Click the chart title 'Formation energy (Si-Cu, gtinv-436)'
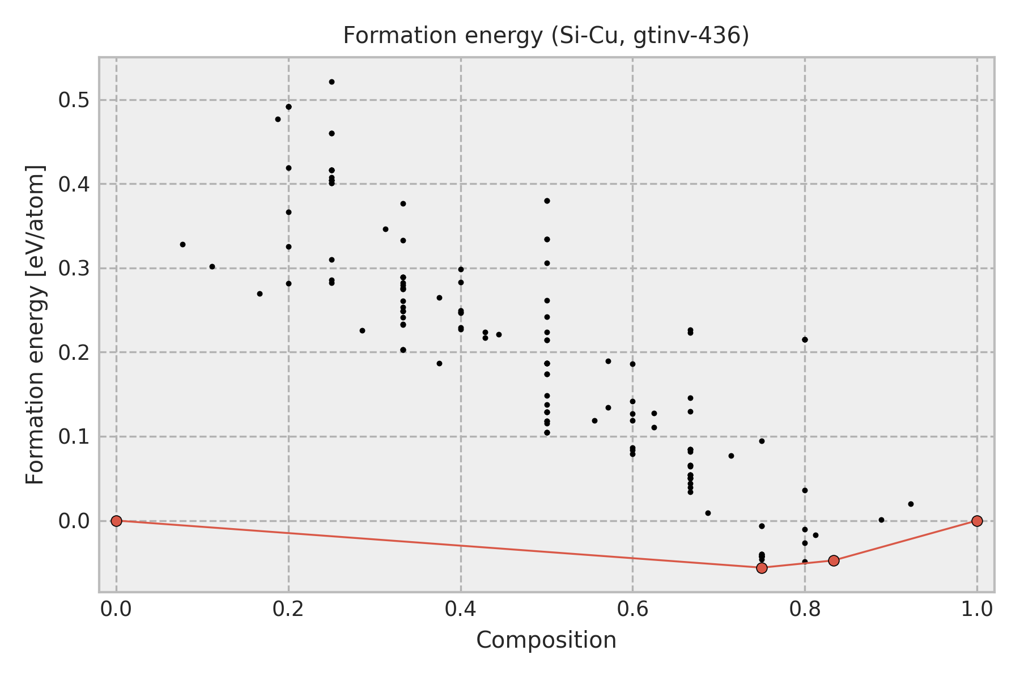point(546,36)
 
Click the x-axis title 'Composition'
point(546,640)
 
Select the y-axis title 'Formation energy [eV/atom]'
point(35,325)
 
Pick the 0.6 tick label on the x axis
point(632,609)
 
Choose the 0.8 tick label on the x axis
point(805,609)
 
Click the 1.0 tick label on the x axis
point(976,609)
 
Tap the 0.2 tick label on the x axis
point(288,609)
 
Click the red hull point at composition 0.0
point(116,521)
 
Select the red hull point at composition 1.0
point(977,521)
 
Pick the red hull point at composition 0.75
point(762,568)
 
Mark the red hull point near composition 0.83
point(834,560)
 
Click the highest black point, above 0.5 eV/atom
point(331,82)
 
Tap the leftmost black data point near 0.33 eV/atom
point(182,244)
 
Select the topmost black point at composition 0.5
point(547,201)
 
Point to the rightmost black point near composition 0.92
point(911,504)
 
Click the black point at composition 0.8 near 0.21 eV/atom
point(805,339)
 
